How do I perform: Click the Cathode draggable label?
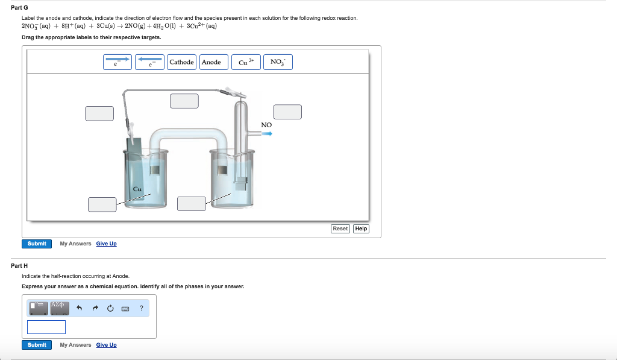182,62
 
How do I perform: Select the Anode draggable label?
211,62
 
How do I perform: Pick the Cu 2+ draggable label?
246,62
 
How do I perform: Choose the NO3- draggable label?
278,62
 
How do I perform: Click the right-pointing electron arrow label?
117,62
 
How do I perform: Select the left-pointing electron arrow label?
149,62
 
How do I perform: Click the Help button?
361,229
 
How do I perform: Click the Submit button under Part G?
37,244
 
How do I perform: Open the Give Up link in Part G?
106,244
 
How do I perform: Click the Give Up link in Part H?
106,345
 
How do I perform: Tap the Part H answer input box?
46,327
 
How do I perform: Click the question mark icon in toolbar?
141,308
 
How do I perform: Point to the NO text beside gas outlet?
266,125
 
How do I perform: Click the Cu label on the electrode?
137,189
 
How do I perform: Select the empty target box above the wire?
184,101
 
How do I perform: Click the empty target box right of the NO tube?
287,112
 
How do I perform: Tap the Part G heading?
19,7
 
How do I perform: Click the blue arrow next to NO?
266,134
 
